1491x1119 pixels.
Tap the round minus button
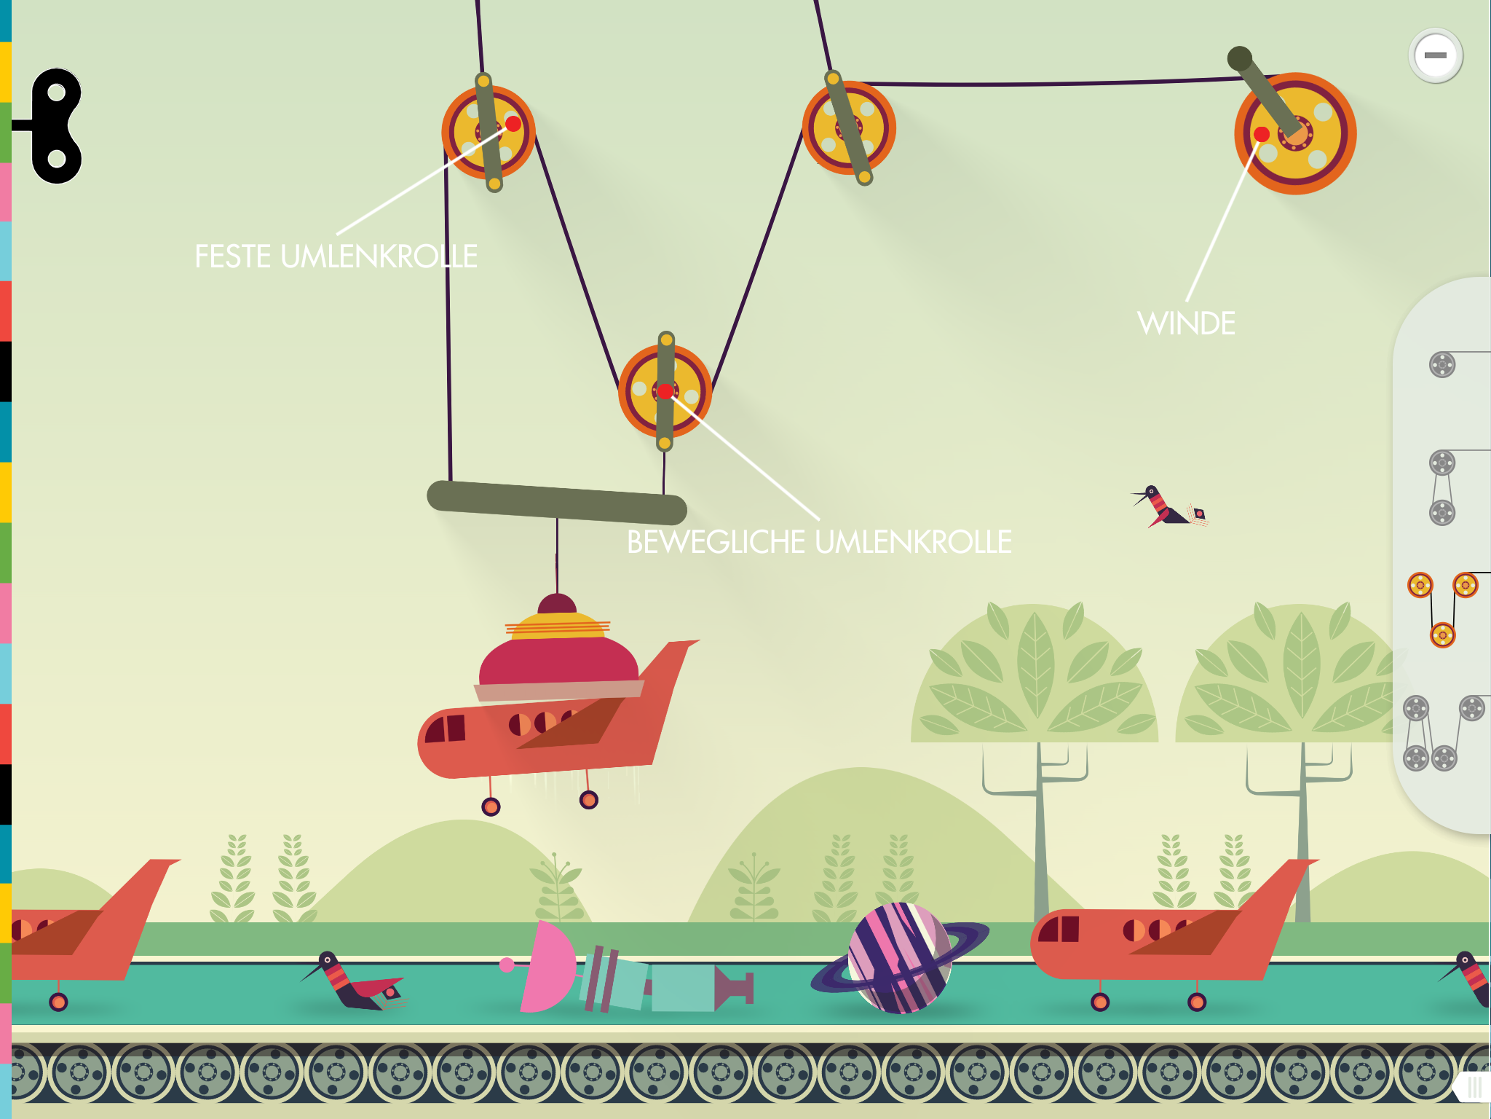coord(1435,55)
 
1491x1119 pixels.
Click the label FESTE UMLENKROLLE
coord(336,256)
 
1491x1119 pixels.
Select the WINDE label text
coord(1186,323)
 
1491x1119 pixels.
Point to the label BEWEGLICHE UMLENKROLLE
coord(819,542)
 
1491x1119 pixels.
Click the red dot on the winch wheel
coord(1262,134)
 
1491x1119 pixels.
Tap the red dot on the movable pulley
coord(665,392)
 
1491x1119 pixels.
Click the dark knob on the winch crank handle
coord(1239,59)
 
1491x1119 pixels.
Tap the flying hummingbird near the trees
coord(1168,506)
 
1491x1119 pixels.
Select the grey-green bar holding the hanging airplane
coord(557,503)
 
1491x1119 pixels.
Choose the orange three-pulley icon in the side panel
coord(1443,610)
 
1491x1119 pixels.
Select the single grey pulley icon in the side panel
coord(1442,364)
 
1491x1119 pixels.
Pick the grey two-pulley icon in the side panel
coord(1442,487)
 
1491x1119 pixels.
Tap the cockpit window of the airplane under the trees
coord(1060,929)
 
